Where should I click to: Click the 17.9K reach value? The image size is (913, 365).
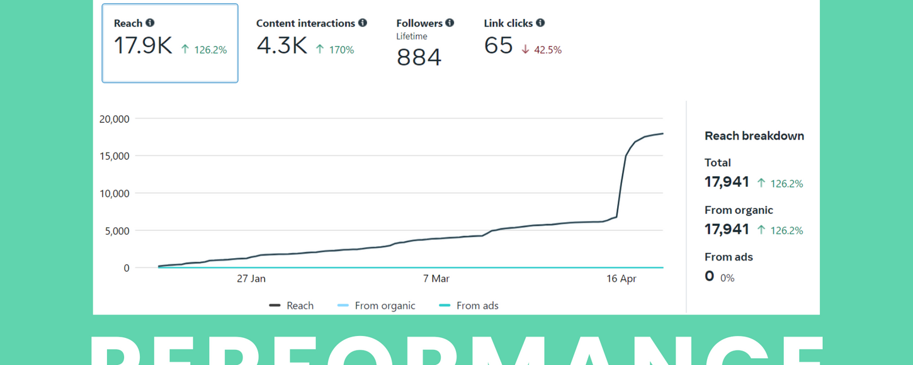[x=143, y=46]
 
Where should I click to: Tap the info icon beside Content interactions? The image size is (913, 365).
[x=363, y=23]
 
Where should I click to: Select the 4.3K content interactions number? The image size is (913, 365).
[x=281, y=46]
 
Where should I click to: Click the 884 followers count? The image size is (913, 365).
[x=419, y=57]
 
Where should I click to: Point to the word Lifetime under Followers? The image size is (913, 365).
[x=412, y=36]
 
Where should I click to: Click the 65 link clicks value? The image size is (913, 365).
[x=498, y=46]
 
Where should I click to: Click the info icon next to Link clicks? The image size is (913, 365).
[x=540, y=23]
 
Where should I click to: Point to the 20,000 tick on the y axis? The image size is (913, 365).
[x=115, y=119]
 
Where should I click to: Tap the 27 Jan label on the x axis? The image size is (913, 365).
[x=251, y=279]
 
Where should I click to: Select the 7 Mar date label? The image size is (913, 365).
[x=436, y=279]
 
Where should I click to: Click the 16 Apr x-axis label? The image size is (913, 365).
[x=621, y=279]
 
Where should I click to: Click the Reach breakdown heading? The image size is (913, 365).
[x=754, y=136]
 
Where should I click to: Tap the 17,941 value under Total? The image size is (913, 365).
[x=727, y=182]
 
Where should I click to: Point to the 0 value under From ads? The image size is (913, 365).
[x=710, y=276]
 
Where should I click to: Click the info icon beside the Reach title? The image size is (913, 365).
[x=150, y=23]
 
